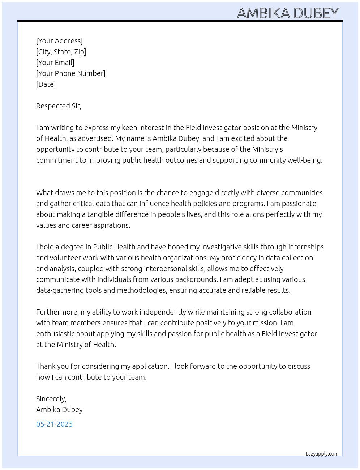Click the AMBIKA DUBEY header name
288,13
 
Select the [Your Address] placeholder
59,41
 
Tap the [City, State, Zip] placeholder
61,52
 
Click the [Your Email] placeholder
55,63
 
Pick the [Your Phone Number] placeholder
71,73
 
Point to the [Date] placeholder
46,84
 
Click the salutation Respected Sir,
59,106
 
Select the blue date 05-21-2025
54,424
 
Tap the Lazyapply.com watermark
322,454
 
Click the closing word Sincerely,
51,399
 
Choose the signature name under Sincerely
59,410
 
